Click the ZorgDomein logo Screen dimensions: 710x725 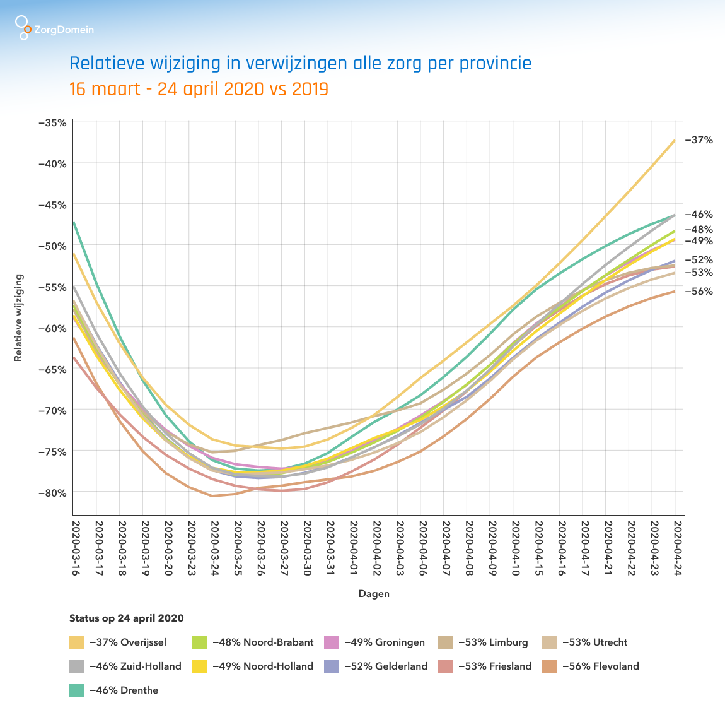pos(55,28)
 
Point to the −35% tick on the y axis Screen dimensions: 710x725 pos(53,122)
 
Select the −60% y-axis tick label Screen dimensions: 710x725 pos(53,328)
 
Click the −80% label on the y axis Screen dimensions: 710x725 pos(53,492)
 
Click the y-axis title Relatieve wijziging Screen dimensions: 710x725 pos(18,317)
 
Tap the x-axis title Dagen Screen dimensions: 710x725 pos(374,594)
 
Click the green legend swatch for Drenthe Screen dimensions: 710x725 pos(76,690)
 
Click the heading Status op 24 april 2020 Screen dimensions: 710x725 pos(127,618)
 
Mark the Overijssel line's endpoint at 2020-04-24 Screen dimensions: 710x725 pos(675,140)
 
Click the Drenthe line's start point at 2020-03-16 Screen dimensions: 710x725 pos(74,222)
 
